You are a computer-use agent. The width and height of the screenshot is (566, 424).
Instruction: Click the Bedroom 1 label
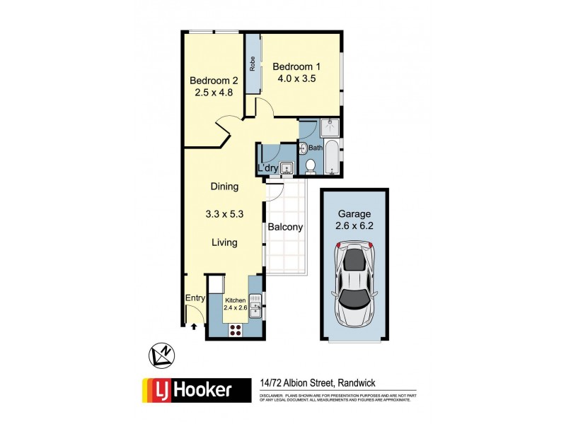294,66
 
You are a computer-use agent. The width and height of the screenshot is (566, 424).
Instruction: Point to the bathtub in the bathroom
332,157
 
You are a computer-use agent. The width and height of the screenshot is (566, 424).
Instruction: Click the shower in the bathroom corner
330,128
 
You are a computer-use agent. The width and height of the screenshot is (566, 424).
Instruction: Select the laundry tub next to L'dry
287,167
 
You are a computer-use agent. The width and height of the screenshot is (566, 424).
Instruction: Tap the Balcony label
285,228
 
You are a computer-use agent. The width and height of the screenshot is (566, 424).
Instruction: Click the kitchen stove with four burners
235,328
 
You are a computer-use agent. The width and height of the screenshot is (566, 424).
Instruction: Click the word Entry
195,299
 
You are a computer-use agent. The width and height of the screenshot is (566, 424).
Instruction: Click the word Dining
224,187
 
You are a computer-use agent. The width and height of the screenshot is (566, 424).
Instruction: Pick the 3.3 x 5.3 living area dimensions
224,215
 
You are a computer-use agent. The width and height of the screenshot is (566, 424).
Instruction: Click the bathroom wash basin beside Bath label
303,148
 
